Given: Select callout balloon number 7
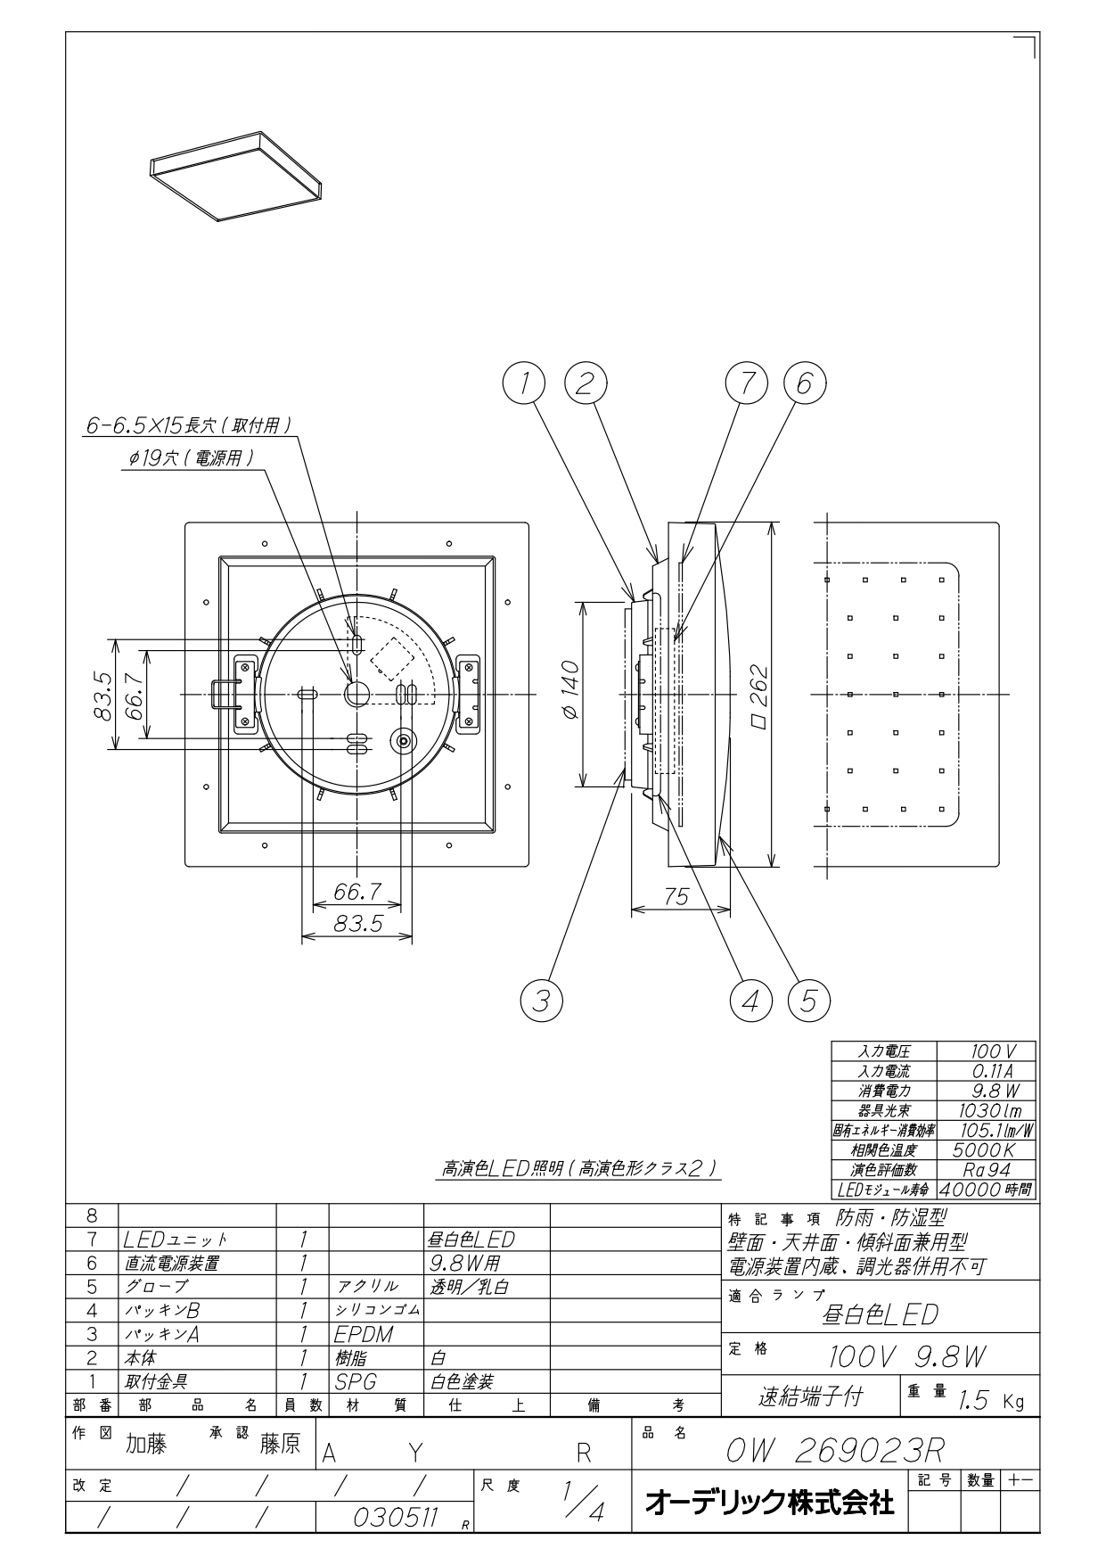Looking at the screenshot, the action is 747,383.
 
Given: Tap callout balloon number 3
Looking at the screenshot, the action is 541,1000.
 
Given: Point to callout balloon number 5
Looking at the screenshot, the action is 808,1000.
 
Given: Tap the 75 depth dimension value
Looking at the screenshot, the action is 676,896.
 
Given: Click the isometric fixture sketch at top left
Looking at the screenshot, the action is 236,176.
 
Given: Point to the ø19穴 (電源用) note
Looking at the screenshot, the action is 190,458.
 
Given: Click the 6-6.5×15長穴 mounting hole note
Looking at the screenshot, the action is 188,426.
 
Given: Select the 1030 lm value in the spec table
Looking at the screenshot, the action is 989,1110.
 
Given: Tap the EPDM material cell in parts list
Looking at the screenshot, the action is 365,1334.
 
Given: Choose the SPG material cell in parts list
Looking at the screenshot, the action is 356,1381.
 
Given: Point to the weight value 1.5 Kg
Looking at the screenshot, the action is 992,1401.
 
